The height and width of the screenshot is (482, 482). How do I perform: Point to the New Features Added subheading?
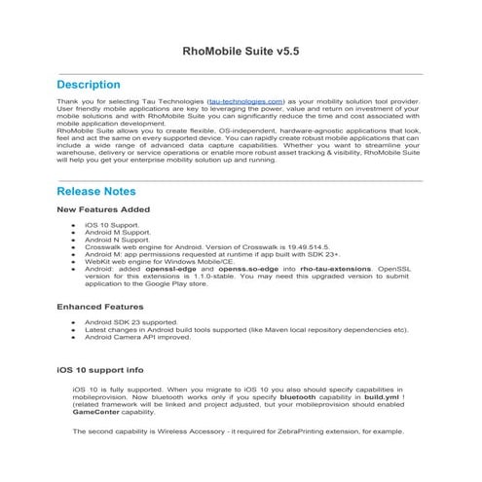[x=103, y=208]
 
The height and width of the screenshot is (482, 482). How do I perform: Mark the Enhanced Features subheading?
[x=100, y=307]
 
